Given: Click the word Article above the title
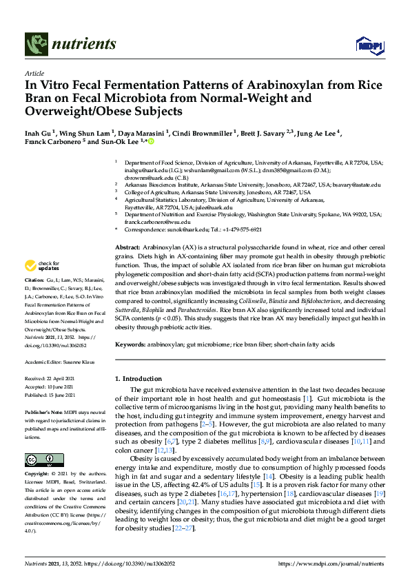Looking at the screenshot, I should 34,73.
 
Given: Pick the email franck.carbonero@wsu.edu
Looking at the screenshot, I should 157,222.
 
